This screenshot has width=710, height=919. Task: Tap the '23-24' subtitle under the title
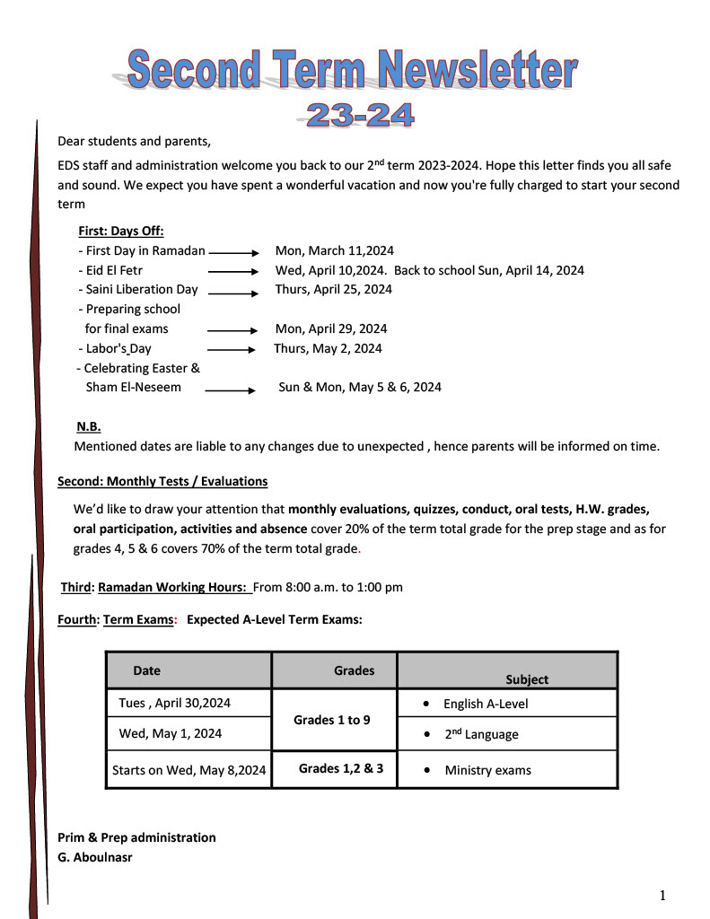[360, 115]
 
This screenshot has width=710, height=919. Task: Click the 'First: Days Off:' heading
[121, 231]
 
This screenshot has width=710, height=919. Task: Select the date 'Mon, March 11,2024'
[334, 251]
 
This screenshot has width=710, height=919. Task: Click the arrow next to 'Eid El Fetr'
[233, 270]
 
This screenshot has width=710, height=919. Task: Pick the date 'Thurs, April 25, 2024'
[333, 289]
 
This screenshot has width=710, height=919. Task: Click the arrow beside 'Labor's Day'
[232, 349]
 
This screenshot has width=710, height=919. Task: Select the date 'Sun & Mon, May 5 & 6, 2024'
[360, 388]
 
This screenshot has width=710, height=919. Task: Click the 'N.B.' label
[89, 426]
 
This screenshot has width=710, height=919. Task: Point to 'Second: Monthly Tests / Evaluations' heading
[162, 482]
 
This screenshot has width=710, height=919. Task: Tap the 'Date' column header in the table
[147, 670]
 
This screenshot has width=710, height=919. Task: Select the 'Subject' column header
[527, 679]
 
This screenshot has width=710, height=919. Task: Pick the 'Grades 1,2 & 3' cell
[341, 768]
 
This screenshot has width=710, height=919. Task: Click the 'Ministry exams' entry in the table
[487, 770]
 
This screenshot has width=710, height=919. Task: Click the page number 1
[662, 895]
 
